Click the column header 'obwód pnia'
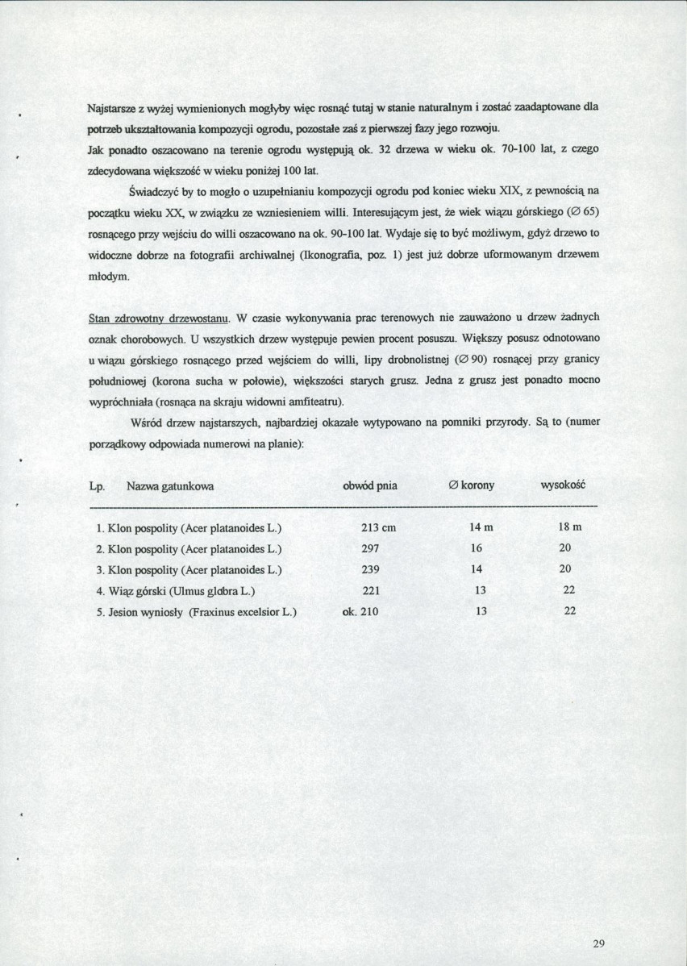coord(370,485)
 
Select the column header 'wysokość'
coord(562,485)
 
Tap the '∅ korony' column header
coord(472,485)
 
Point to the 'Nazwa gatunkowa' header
coord(170,486)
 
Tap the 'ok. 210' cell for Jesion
coord(360,611)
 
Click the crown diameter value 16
coord(477,548)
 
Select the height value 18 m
coord(569,527)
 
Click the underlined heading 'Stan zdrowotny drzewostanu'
coord(160,318)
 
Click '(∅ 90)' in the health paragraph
coord(473,360)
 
